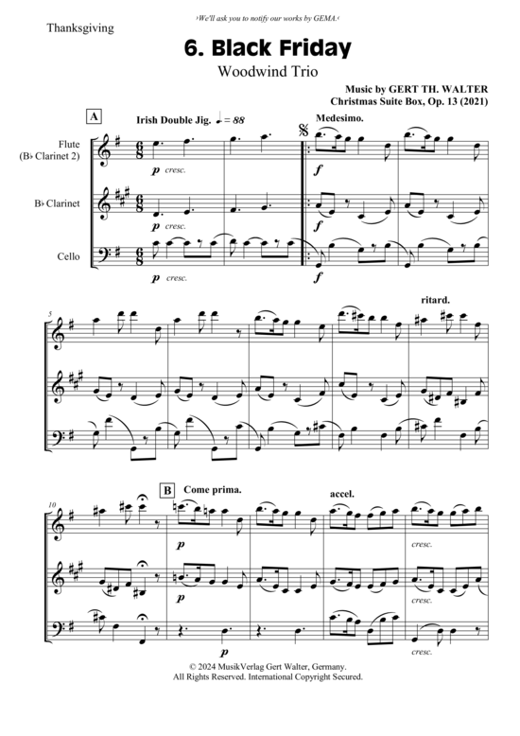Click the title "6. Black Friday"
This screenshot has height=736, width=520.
coord(268,48)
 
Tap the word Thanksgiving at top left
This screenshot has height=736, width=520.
coord(80,28)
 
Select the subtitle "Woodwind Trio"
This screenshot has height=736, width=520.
coord(268,71)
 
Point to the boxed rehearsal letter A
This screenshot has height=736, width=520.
coord(94,117)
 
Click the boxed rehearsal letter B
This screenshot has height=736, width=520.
coord(167,491)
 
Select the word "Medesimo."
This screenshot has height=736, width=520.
coord(339,118)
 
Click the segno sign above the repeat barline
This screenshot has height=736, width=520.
coord(303,131)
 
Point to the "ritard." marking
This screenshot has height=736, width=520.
coord(436,300)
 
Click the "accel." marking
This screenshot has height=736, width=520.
coord(342,494)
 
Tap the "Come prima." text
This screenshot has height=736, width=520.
coord(213,490)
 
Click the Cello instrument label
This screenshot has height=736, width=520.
coord(68,256)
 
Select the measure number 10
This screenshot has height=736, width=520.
coord(52,504)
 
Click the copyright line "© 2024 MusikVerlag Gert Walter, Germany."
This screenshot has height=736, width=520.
coord(268,667)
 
